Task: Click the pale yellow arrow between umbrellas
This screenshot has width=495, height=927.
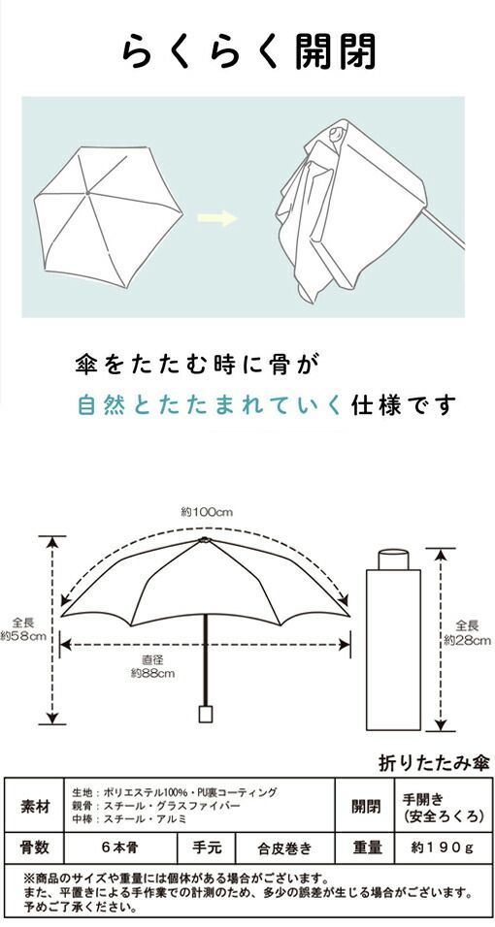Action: click(x=216, y=218)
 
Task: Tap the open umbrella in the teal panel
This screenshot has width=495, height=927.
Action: click(x=108, y=217)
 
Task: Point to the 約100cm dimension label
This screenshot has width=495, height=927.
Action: click(x=207, y=512)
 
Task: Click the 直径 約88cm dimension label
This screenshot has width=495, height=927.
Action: click(x=152, y=667)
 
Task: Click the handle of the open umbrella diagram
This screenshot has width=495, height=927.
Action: click(x=206, y=714)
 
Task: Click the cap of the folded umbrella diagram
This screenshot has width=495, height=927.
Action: click(x=393, y=559)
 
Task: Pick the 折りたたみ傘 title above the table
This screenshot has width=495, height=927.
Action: click(x=435, y=764)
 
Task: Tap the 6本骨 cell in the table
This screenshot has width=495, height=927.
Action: click(x=120, y=848)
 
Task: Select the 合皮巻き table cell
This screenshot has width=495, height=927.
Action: click(x=284, y=848)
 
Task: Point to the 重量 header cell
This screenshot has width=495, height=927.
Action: click(x=364, y=848)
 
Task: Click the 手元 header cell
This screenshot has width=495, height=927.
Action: click(x=207, y=848)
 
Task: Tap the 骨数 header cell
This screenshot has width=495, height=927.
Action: click(x=35, y=848)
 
